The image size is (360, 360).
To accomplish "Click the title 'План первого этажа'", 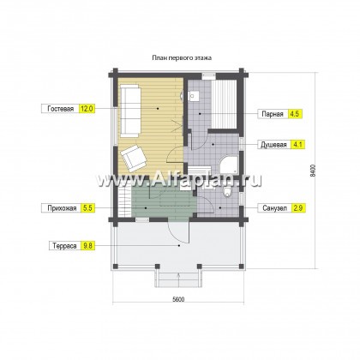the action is coord(182,58).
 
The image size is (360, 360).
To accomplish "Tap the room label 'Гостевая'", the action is coord(61,109).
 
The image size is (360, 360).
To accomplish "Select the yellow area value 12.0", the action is coord(87,109).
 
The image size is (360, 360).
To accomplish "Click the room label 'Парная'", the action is coord(273,114).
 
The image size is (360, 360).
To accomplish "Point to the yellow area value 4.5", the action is coord(295,114).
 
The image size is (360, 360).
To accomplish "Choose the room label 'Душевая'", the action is coord(273,145).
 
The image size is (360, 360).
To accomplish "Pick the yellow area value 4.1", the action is coord(297,145).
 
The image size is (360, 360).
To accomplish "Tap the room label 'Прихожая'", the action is coord(62,208).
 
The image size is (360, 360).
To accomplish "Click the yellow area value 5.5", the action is coord(87,208).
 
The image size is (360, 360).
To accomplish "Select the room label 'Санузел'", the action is coord(274,208).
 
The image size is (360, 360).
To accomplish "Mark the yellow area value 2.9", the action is coord(298,208).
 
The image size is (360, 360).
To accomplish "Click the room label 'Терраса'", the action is coord(64,246).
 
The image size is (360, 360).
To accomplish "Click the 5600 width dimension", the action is coord(178,299).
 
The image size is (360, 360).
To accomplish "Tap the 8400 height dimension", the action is coord(313,171).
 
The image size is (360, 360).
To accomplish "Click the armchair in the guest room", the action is coord(134,158).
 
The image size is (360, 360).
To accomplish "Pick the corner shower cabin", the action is coord(229,165).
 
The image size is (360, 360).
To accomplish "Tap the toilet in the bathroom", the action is coord(228,192).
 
